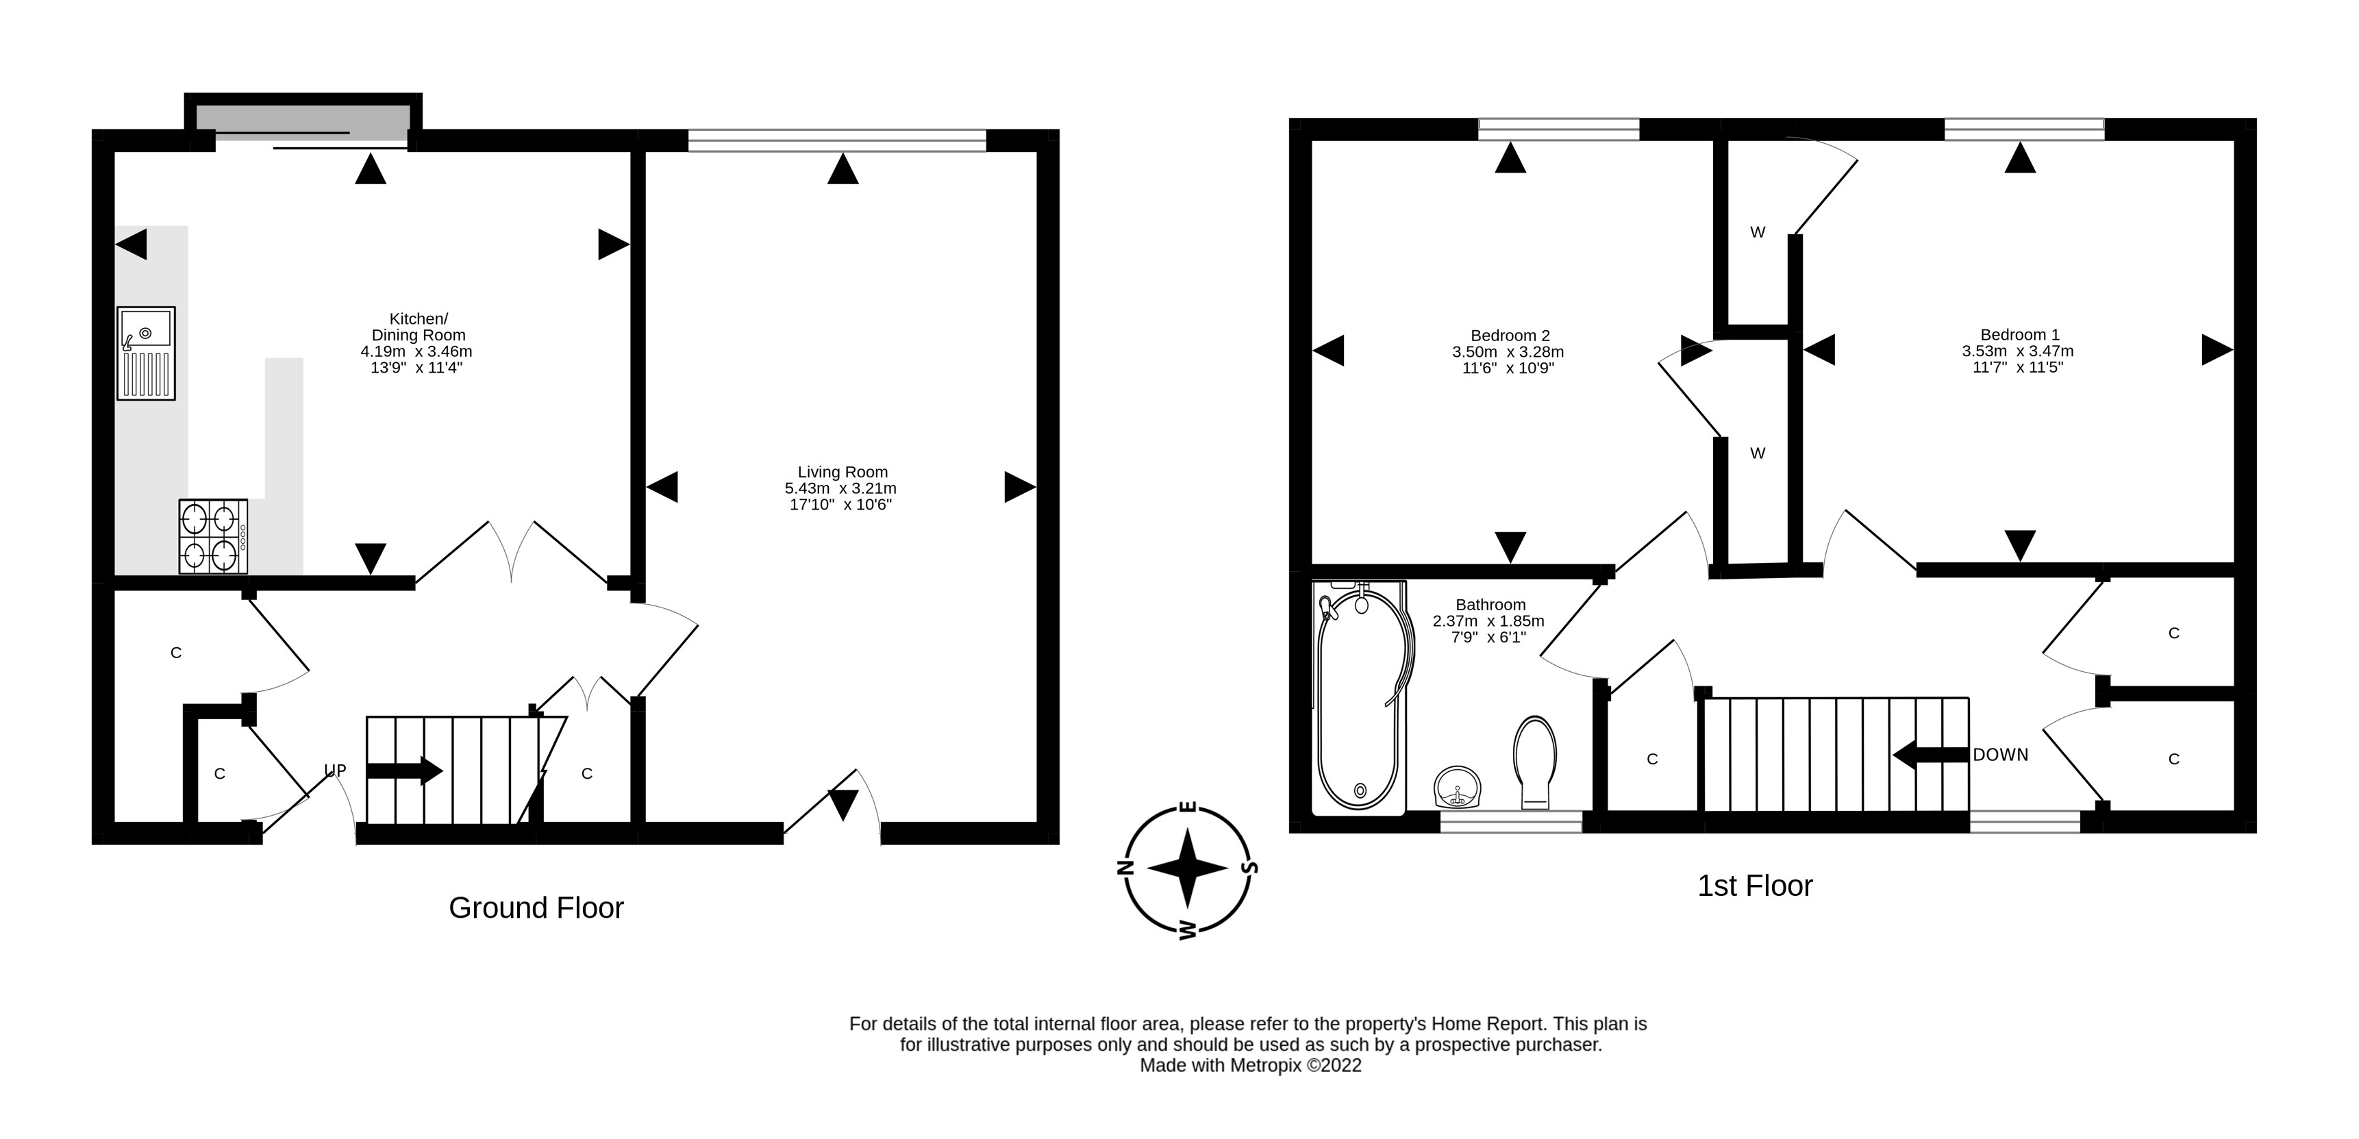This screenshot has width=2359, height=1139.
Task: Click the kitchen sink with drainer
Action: tap(146, 353)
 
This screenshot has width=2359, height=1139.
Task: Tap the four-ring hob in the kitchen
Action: tap(212, 536)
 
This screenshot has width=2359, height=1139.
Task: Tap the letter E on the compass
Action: tap(1188, 807)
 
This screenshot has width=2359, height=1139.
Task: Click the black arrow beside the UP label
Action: tap(404, 770)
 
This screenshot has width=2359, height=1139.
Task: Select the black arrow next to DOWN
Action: tap(1930, 755)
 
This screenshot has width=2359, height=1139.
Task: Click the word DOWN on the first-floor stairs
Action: tap(2000, 755)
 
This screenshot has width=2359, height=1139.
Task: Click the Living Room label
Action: tap(842, 473)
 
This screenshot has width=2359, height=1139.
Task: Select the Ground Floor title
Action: tap(536, 908)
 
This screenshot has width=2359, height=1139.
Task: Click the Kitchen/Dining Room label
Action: tap(419, 327)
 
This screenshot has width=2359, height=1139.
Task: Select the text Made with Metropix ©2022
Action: tap(1250, 1066)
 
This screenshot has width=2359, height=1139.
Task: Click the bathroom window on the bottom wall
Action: tap(1510, 822)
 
